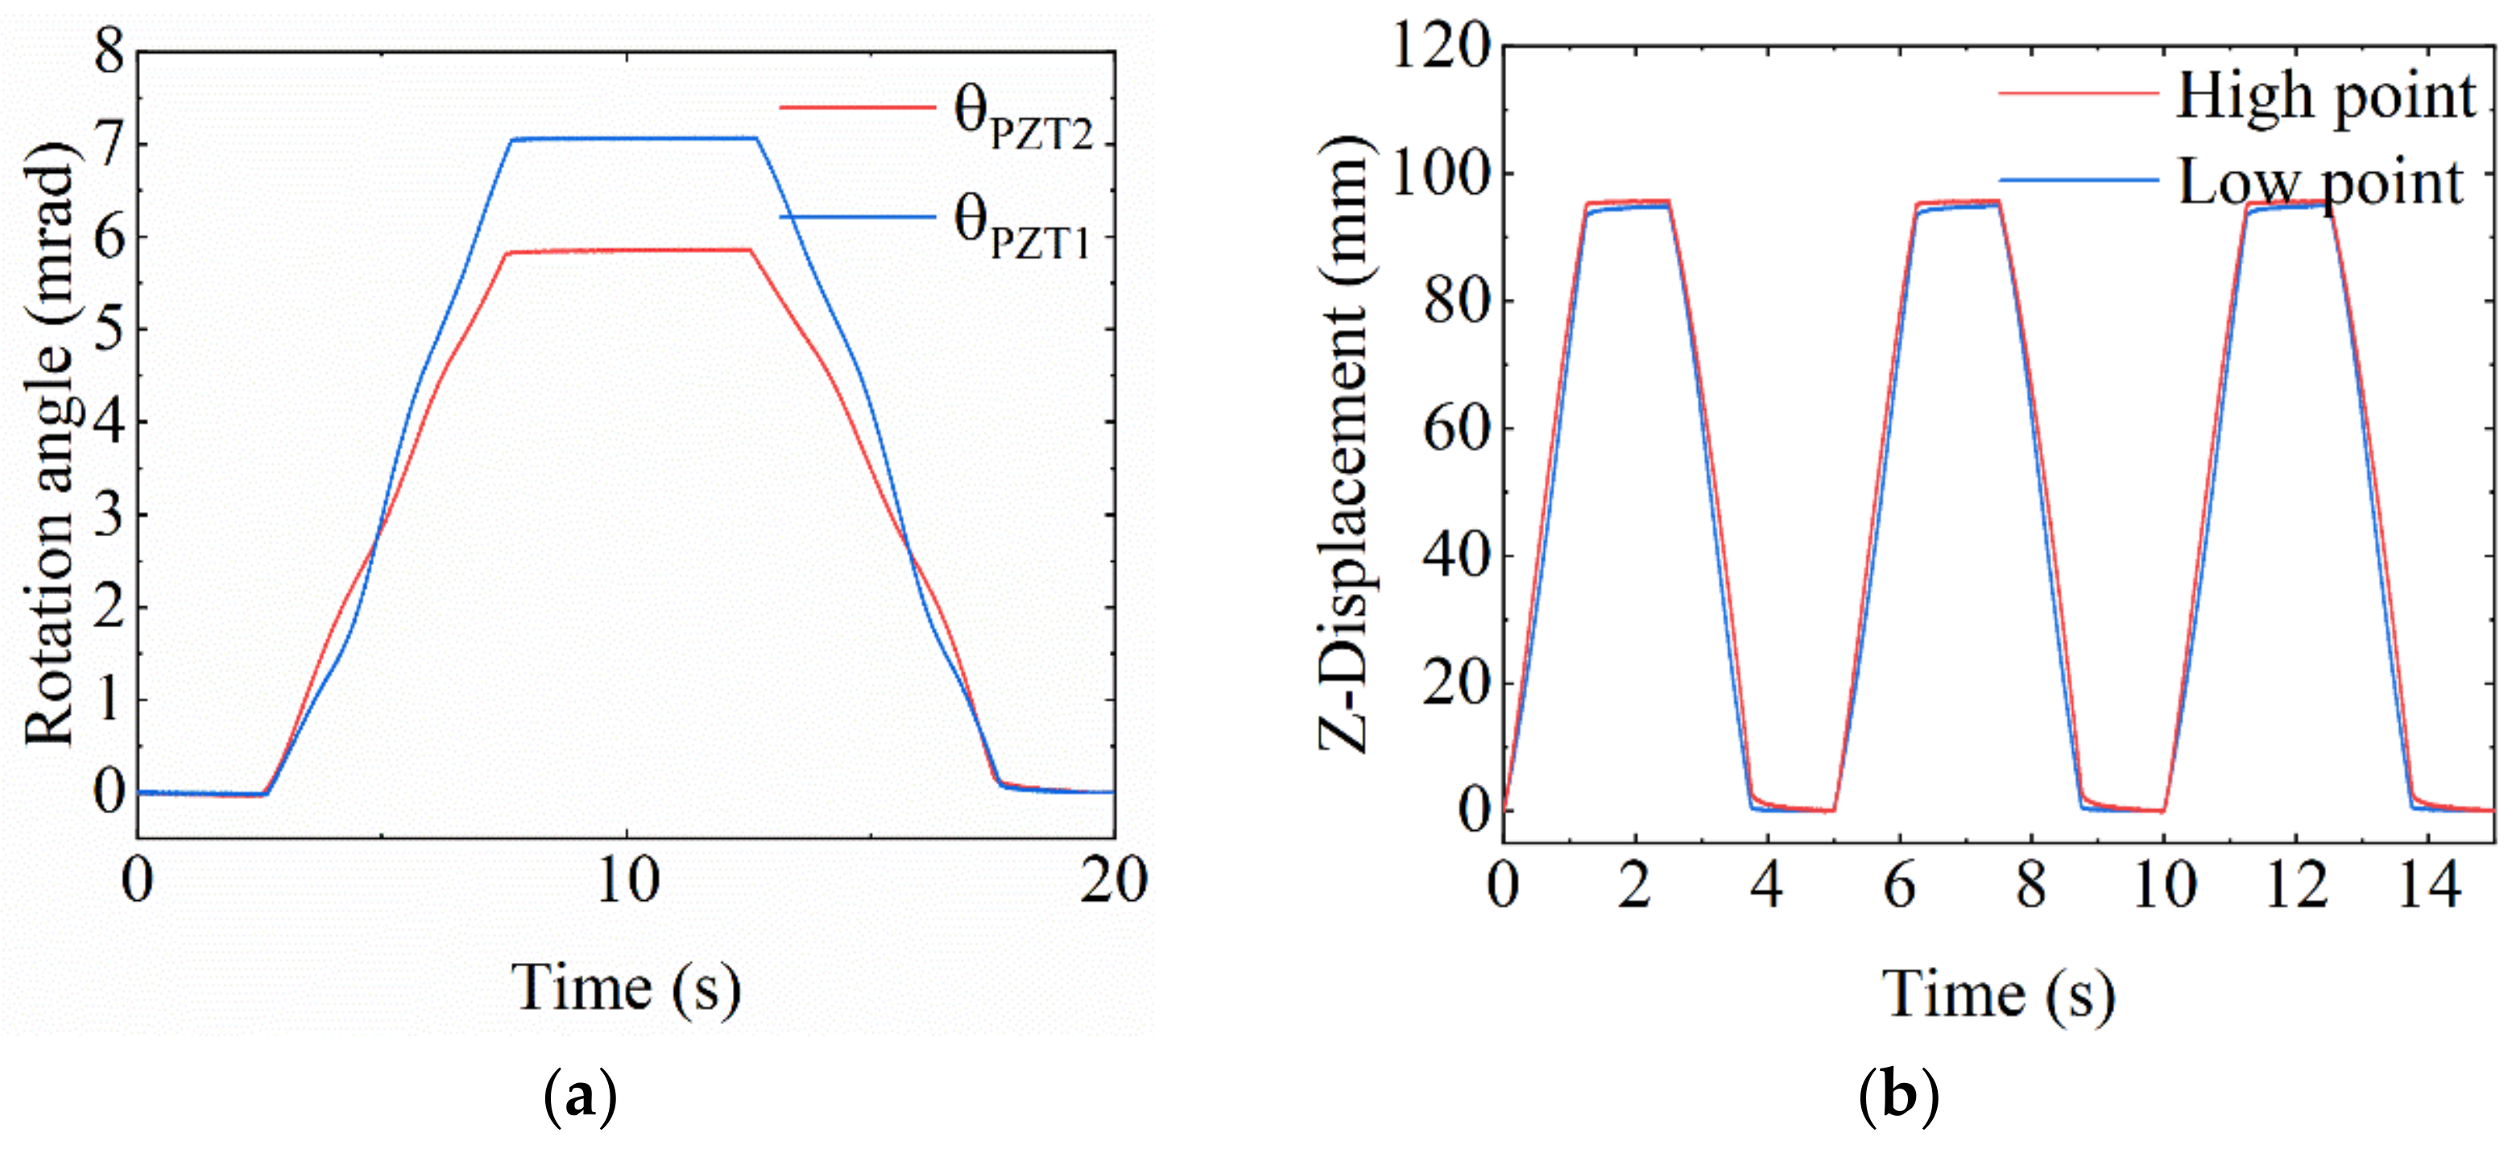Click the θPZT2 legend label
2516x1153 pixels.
pos(1022,121)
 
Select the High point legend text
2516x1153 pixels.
pos(2324,97)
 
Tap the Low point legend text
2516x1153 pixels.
pos(2320,183)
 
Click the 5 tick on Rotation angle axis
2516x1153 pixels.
pos(110,329)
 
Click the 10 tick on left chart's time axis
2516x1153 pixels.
pos(627,881)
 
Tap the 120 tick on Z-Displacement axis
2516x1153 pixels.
pos(1440,45)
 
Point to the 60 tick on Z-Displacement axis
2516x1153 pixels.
pos(1455,428)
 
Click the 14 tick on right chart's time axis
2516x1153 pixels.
pos(2429,886)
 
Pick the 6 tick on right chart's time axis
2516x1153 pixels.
pos(1900,886)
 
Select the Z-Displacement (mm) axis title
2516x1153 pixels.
pos(1346,444)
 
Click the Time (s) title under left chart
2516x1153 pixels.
pos(626,988)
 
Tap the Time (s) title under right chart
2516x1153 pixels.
pos(1998,996)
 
